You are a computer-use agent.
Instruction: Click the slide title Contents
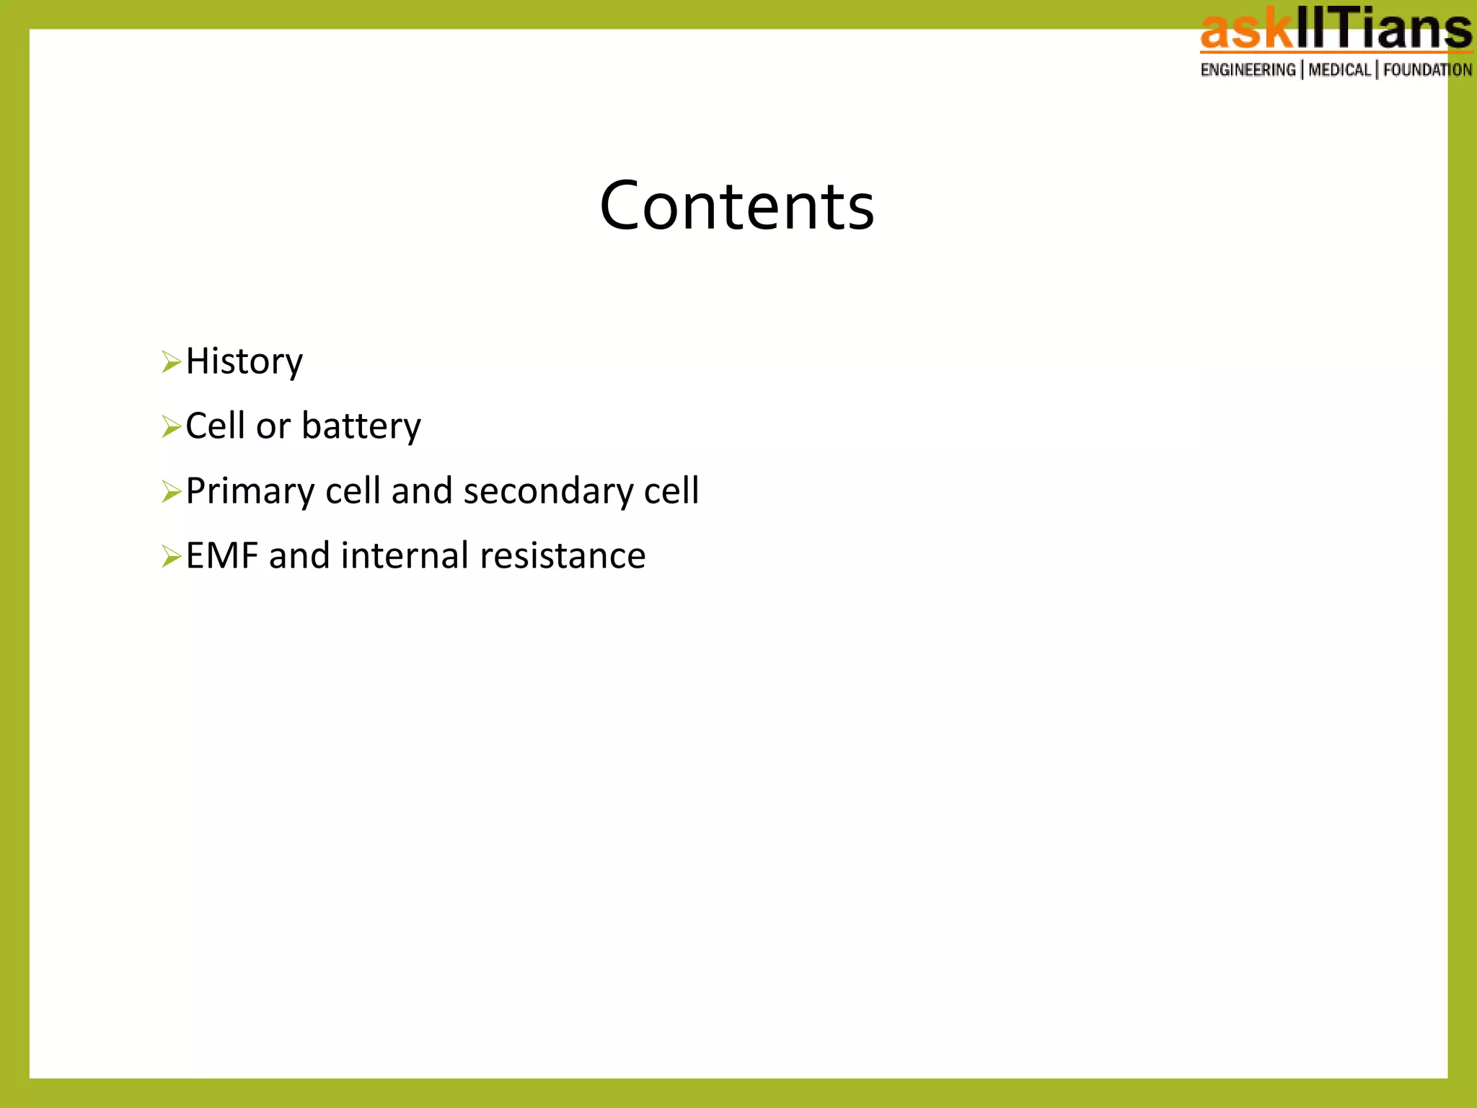click(736, 206)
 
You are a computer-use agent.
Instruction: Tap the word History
click(244, 362)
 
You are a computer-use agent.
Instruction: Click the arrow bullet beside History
click(171, 361)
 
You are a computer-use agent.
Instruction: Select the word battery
click(361, 427)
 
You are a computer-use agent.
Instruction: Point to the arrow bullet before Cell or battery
click(171, 426)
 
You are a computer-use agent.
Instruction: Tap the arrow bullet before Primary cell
click(171, 491)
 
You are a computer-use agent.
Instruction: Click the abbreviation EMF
click(221, 556)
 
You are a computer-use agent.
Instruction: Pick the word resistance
click(562, 556)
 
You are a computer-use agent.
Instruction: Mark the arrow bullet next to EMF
click(171, 556)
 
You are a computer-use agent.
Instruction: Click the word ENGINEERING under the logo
click(1248, 70)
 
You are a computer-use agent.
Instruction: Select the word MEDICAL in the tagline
click(1339, 70)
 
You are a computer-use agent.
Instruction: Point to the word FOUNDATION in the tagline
click(1427, 70)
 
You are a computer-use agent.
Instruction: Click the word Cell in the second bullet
click(215, 426)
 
